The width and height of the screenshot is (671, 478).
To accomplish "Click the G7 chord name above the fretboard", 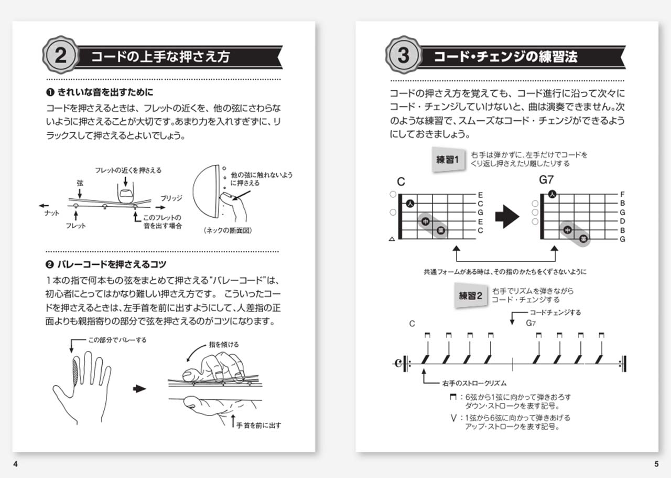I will pos(546,180).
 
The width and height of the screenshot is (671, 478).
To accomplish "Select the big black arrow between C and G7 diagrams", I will pos(507,217).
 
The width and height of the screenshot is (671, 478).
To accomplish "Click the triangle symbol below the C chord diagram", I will pos(391,239).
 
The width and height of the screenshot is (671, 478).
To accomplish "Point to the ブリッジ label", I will pos(171,198).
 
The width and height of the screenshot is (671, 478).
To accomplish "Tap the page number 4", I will pos(15,464).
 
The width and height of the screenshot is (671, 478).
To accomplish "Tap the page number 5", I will pos(656,464).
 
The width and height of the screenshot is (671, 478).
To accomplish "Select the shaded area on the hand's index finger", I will pos(74,373).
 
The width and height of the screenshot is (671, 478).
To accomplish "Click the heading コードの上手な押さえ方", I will pos(160,57).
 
